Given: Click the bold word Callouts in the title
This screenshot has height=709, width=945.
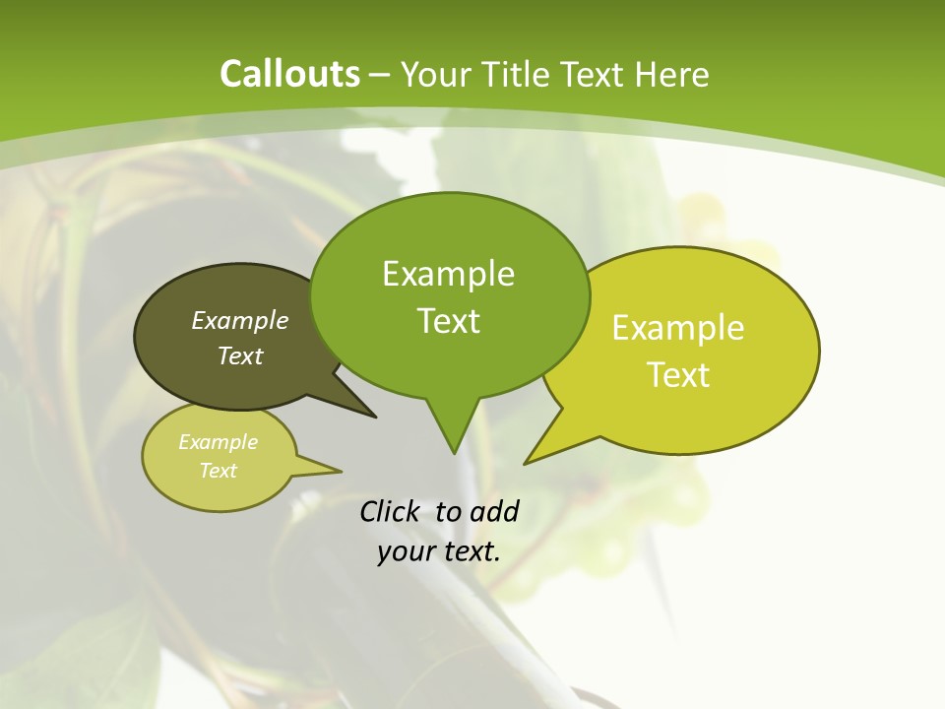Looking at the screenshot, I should tap(289, 74).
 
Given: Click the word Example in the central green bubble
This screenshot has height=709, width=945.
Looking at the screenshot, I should tap(448, 274).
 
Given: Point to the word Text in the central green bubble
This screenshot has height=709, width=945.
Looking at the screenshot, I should tap(448, 321).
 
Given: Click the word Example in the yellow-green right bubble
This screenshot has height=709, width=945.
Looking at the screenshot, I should tap(678, 328).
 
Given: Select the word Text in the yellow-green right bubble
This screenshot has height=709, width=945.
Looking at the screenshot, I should tap(678, 375).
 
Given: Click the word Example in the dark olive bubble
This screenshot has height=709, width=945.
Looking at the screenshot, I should tap(240, 320).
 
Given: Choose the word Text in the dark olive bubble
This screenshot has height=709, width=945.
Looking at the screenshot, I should tap(240, 355).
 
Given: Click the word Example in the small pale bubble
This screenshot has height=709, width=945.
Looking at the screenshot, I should tap(218, 442).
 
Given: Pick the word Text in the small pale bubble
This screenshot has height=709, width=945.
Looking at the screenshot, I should tap(218, 471).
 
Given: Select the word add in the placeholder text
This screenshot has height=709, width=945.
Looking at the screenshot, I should tap(494, 511).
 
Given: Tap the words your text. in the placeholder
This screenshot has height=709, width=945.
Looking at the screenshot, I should tap(438, 551).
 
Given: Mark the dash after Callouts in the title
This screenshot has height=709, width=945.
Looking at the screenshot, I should tap(380, 75).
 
